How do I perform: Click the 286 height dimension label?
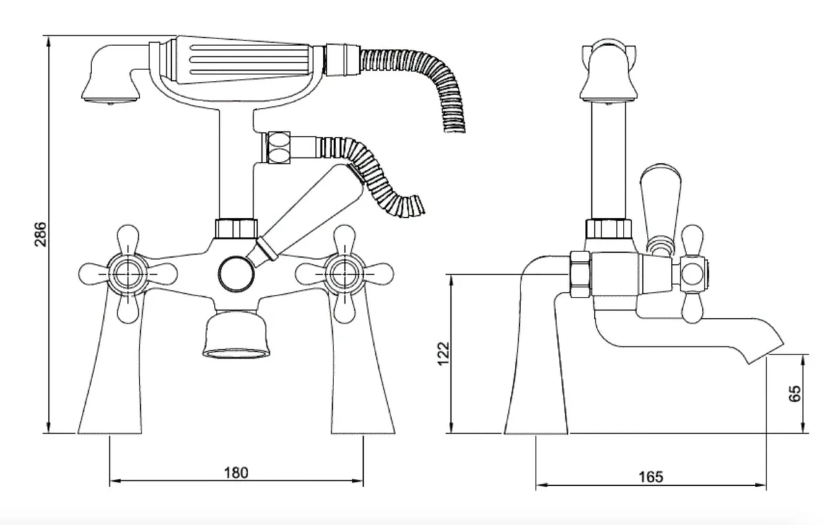(x=40, y=236)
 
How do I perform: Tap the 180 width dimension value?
(x=236, y=473)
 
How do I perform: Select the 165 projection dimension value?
(x=650, y=476)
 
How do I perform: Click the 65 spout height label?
(x=795, y=394)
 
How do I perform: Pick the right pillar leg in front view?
(x=364, y=385)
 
